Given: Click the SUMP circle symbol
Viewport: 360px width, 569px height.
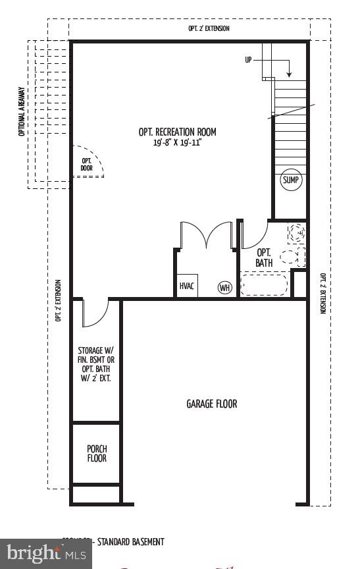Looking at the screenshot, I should click(291, 180).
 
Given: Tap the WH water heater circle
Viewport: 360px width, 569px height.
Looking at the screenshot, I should click(225, 288).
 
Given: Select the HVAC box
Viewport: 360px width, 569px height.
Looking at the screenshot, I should click(187, 286).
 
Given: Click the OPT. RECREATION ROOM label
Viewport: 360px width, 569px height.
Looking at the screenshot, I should click(177, 132).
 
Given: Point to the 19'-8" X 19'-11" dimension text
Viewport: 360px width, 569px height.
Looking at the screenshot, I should click(177, 142).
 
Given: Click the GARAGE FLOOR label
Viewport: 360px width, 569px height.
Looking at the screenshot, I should click(211, 404).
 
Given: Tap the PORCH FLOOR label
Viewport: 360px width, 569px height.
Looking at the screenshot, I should click(97, 454).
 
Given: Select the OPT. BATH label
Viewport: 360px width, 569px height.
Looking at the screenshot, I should click(264, 257).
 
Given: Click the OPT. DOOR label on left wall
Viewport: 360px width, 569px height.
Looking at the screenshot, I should click(87, 165).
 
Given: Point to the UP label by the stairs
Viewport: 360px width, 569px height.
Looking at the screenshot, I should click(248, 60).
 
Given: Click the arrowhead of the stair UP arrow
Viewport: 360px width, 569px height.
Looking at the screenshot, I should click(290, 74).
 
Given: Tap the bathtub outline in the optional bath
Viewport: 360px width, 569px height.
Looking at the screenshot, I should click(264, 284).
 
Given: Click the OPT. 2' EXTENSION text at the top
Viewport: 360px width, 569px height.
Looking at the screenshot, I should click(209, 29).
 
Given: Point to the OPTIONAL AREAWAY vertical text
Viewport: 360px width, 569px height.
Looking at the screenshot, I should click(22, 112).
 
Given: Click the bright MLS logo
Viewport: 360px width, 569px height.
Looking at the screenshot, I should click(45, 554).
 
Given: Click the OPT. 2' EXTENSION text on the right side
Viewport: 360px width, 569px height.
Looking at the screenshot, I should click(322, 294).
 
